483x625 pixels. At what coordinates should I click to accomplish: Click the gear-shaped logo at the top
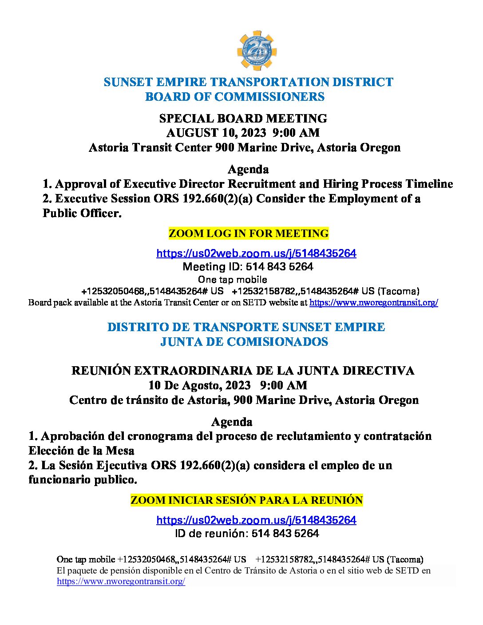[x=257, y=51]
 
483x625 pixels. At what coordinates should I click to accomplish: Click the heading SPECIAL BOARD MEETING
[x=243, y=119]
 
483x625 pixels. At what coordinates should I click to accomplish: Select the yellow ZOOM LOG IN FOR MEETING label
[x=249, y=233]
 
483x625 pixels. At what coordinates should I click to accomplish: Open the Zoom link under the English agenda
[x=256, y=253]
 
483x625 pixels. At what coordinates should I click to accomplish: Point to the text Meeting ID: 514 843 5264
[x=248, y=267]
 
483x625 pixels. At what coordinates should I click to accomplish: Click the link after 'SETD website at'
[x=373, y=303]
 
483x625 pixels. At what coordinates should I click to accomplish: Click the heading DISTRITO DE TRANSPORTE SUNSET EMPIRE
[x=246, y=327]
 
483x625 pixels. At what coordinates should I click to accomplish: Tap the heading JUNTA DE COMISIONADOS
[x=244, y=342]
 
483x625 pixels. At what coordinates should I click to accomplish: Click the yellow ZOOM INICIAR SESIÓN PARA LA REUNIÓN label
[x=247, y=500]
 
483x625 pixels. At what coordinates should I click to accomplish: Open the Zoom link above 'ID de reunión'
[x=256, y=520]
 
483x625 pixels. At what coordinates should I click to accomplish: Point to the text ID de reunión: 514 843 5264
[x=247, y=534]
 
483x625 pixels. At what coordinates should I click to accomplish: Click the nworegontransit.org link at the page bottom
[x=121, y=581]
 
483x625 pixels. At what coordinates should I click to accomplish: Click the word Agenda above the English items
[x=248, y=169]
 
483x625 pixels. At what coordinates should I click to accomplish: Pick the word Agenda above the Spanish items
[x=232, y=422]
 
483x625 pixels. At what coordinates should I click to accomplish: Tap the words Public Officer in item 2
[x=82, y=213]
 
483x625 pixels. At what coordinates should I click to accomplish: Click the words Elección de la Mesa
[x=81, y=451]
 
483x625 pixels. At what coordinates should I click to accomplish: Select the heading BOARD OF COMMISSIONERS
[x=235, y=97]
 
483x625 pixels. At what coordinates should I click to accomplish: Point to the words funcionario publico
[x=83, y=480]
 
